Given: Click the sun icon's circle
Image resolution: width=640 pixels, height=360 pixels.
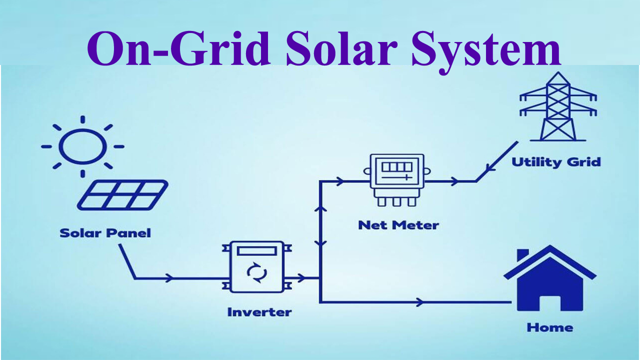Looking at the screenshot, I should (x=82, y=146).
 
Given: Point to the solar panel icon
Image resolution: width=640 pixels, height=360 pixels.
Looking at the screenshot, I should (x=122, y=195).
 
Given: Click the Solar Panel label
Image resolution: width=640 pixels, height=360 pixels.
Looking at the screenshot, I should (x=105, y=233).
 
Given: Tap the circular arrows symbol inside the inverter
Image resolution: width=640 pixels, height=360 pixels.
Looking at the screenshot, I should (x=259, y=273).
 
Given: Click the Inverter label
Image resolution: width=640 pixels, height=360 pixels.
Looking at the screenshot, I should (x=259, y=312).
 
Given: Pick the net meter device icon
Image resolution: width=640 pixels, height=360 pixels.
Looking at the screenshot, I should (x=396, y=179).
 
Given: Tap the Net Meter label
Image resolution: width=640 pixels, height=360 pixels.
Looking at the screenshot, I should (x=398, y=225).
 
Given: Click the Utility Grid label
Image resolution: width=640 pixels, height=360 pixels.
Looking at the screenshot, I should (x=556, y=162).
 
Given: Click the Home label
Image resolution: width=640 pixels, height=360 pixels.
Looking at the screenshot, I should (x=549, y=328).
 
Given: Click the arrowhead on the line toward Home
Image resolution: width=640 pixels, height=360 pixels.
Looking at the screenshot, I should (x=420, y=302).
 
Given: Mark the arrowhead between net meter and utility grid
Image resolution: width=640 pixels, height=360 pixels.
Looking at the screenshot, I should (x=454, y=181).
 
